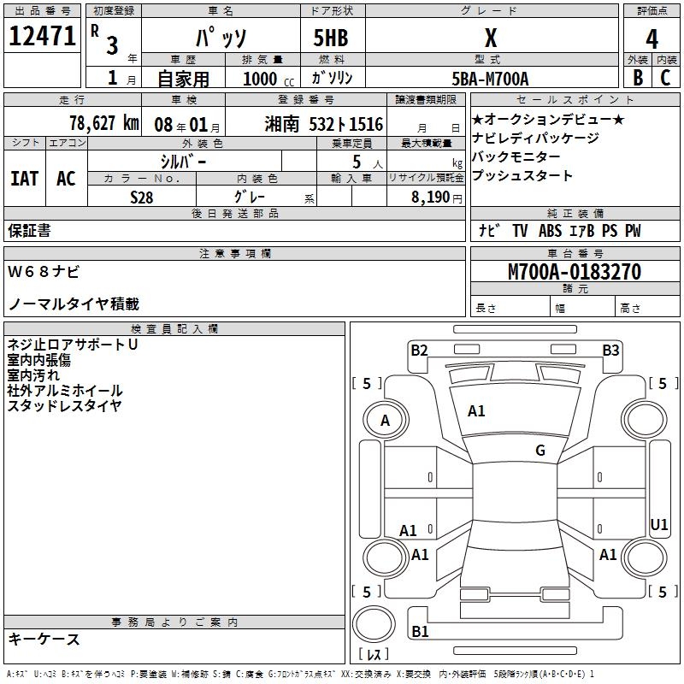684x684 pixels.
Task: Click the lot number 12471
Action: coord(42,37)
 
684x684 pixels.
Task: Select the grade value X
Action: coord(490,38)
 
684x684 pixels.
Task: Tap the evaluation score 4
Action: coord(652,39)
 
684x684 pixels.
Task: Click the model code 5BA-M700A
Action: coord(490,79)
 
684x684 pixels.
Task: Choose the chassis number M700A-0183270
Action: coord(574,272)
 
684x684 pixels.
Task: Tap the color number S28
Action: coord(141,196)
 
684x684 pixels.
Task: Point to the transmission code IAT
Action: coord(25,179)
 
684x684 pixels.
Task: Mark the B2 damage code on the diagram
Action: coord(419,349)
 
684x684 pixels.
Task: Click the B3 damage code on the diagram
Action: coord(610,349)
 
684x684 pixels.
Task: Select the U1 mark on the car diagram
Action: coord(659,524)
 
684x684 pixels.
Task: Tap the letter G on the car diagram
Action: coord(540,451)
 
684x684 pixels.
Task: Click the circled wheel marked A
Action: coord(385,420)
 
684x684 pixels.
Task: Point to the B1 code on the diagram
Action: coord(420,631)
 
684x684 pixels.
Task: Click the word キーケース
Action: coord(44,639)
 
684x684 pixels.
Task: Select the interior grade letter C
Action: coord(665,78)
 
